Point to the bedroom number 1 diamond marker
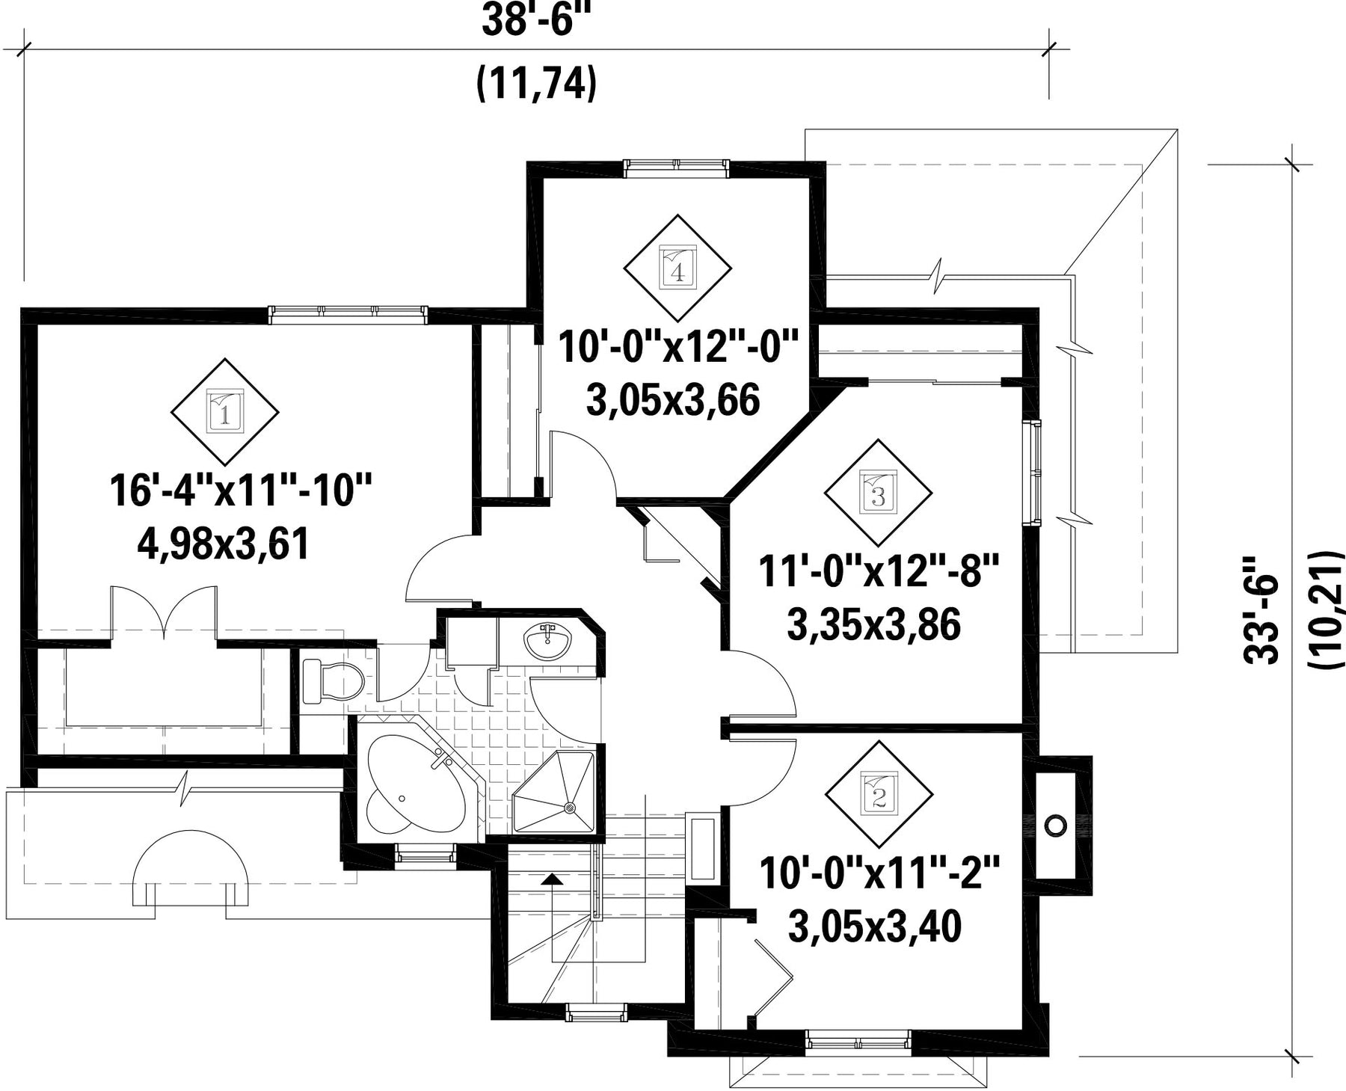coord(225,411)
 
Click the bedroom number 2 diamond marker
coord(879,795)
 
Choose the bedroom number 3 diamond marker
coord(879,494)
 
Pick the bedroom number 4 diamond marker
coord(677,268)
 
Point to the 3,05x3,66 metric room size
coord(674,400)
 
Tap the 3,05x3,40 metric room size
coord(875,928)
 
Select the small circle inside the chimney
coord(1055,826)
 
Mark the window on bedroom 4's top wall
coord(676,168)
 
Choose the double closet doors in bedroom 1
coord(165,615)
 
